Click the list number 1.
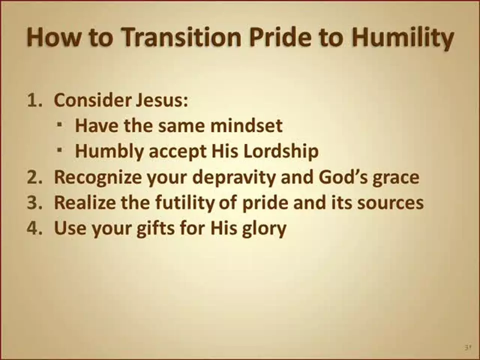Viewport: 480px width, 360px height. (33, 100)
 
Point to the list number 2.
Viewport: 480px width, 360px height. (33, 177)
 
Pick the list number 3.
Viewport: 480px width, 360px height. (33, 202)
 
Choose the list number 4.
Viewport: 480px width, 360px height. (33, 228)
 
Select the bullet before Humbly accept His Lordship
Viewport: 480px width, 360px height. (59, 150)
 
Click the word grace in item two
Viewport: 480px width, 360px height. (395, 178)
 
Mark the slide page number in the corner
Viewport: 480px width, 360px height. (467, 348)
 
